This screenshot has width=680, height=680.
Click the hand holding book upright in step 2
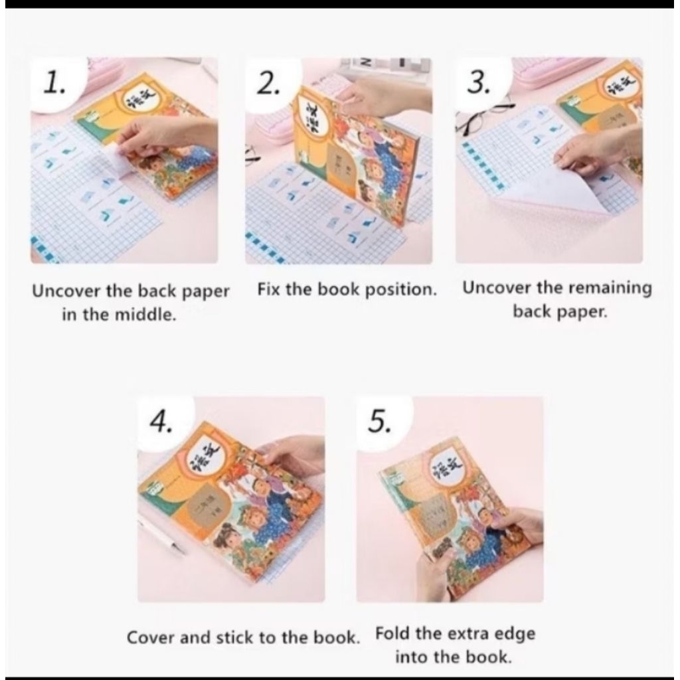385,96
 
